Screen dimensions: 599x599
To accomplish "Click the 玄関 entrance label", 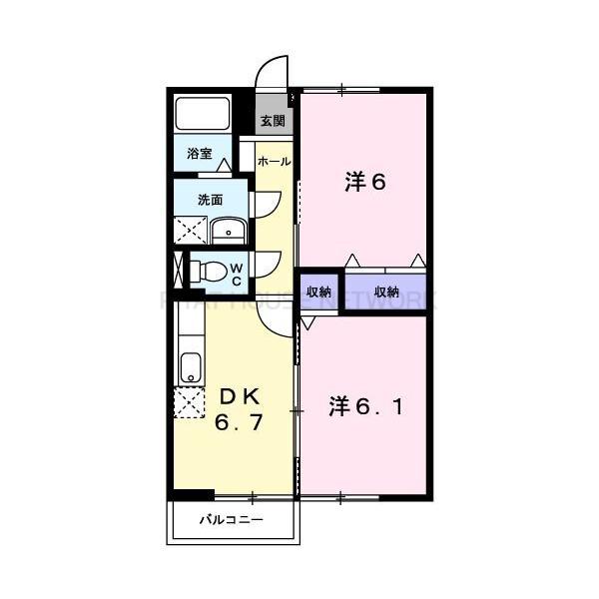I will (272, 122).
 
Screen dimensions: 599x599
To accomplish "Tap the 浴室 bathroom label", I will (199, 154).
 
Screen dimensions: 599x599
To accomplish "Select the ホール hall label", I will (274, 161).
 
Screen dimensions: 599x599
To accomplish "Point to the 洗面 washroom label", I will (209, 199).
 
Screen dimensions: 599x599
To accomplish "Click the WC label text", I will (237, 274).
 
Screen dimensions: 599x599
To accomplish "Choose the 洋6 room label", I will (365, 182).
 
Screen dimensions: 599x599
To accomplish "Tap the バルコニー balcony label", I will (231, 520).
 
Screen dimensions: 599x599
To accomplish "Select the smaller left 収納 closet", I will (318, 292).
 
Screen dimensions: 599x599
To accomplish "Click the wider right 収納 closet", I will (387, 292).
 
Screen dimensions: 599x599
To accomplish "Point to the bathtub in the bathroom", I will (203, 114).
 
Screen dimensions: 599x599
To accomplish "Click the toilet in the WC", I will (208, 271).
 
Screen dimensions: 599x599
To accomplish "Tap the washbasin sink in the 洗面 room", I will (229, 231).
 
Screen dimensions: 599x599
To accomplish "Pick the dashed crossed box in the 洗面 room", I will (190, 231).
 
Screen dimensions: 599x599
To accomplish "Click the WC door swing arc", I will (266, 264).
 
